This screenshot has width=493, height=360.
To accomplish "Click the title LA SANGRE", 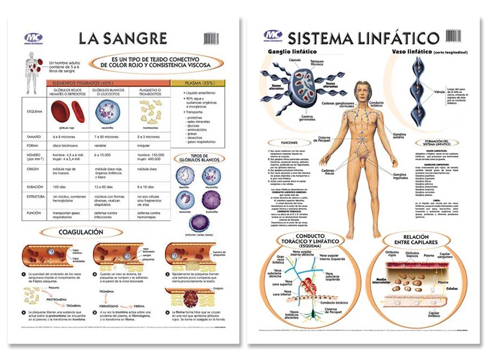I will pos(124,39).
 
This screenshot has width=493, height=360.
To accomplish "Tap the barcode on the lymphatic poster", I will pos(454,35).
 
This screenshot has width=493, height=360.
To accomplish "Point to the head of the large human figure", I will pos(365,91).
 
